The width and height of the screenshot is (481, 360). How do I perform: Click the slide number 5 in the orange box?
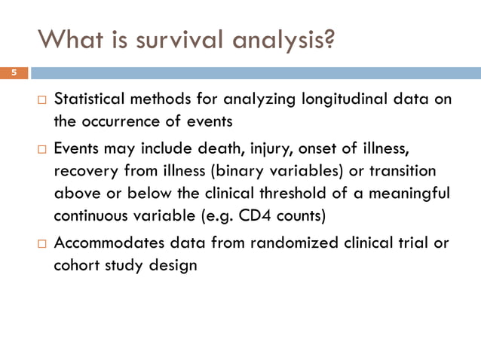13,73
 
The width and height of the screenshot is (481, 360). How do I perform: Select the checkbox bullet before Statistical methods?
41,100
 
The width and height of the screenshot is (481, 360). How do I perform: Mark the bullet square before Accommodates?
41,245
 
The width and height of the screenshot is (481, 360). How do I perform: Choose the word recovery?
85,171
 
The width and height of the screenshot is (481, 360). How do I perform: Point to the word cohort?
76,265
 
